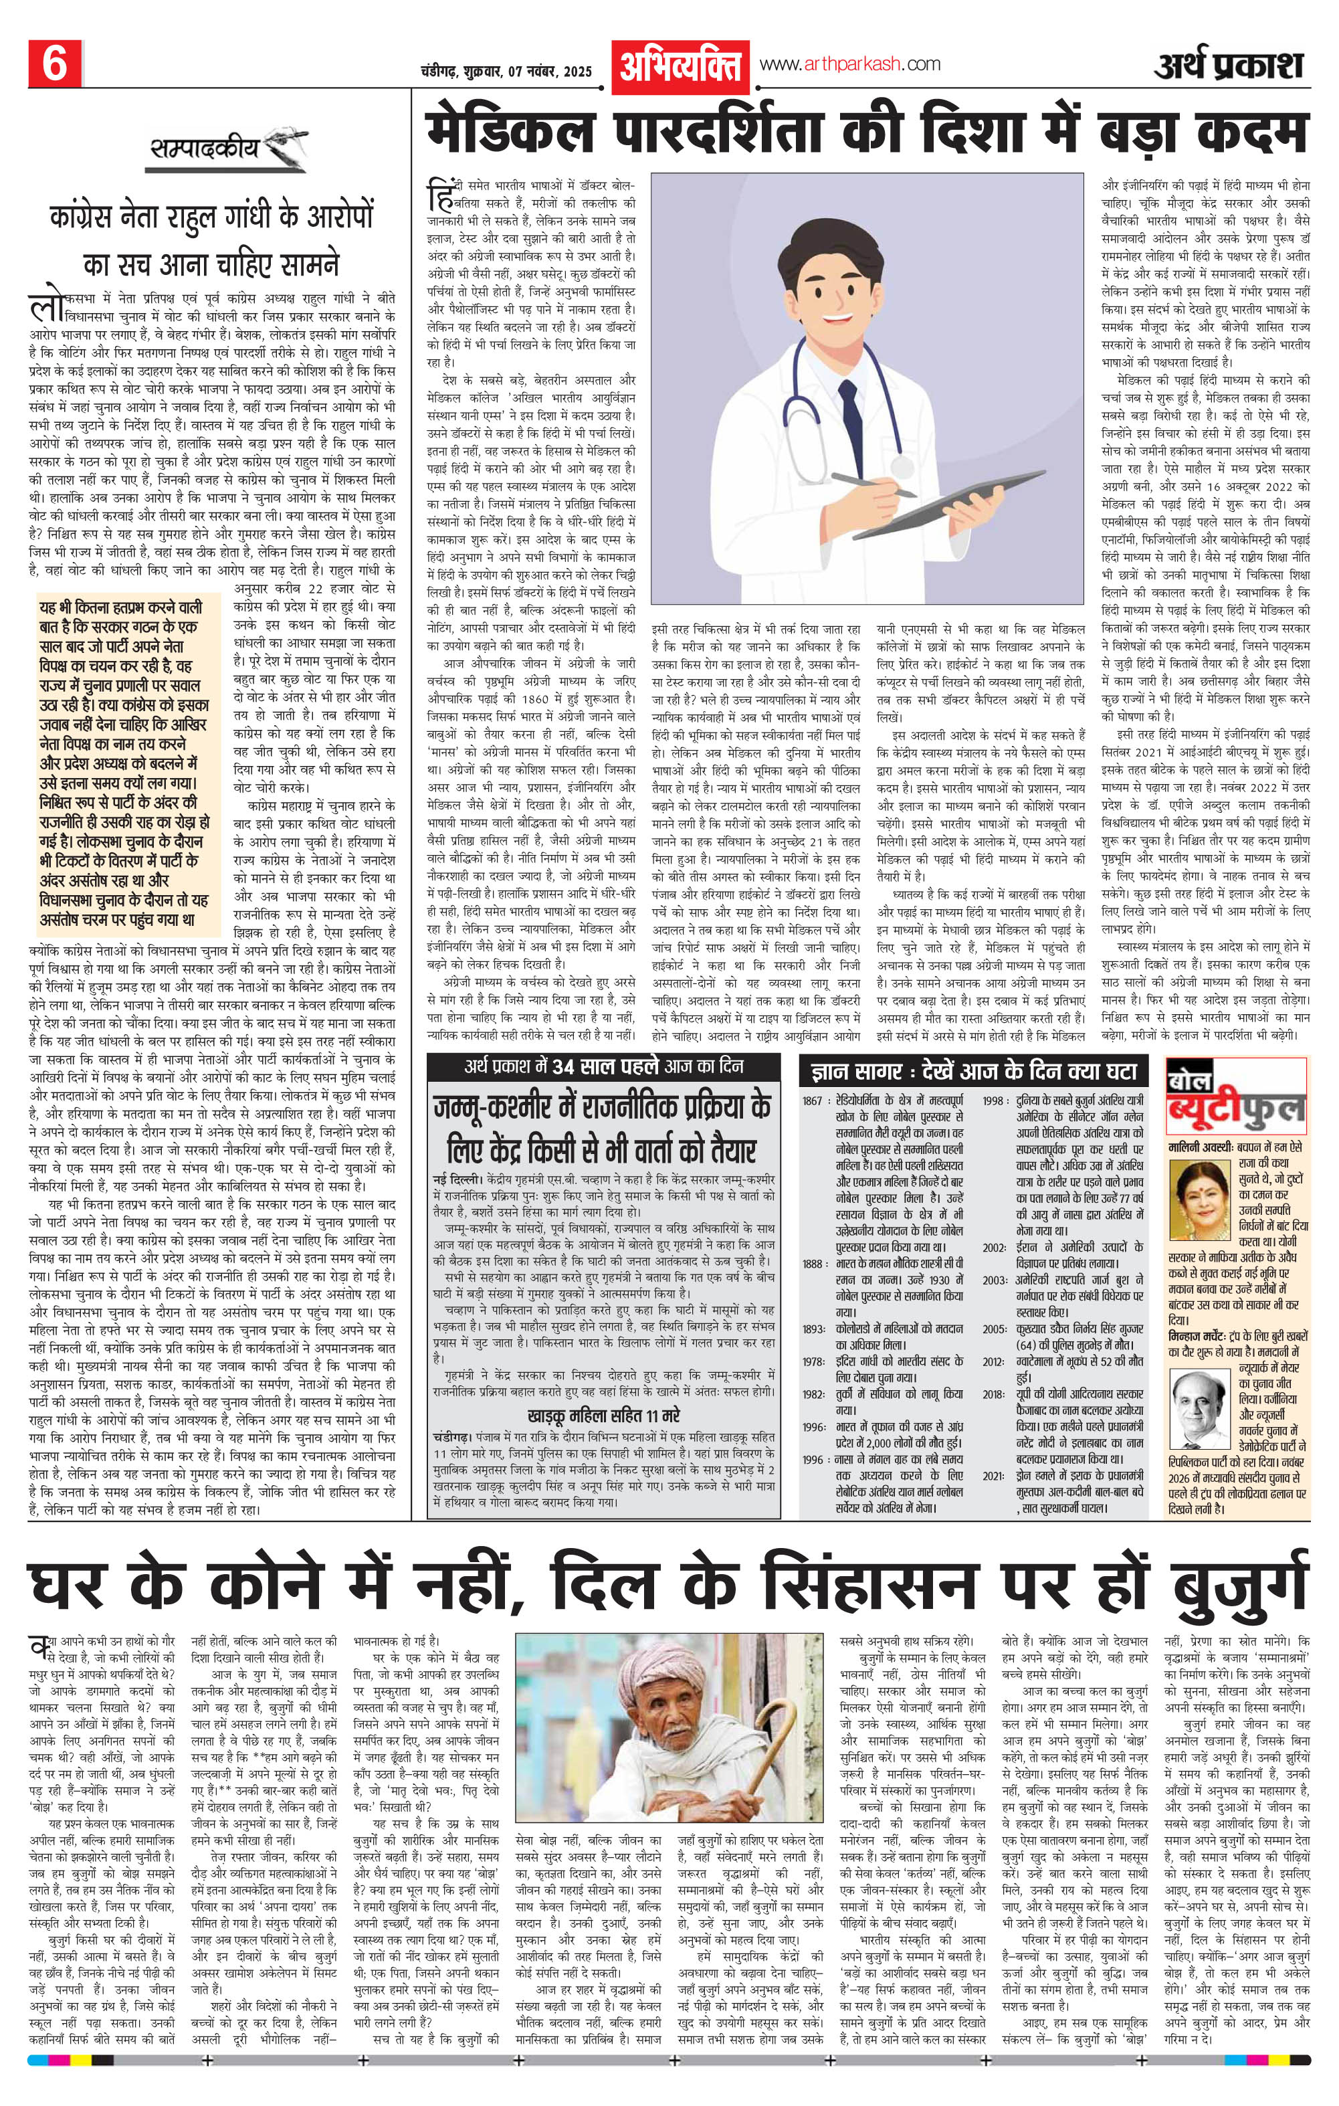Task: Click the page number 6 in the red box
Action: [54, 66]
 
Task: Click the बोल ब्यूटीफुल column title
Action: [1235, 1105]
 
